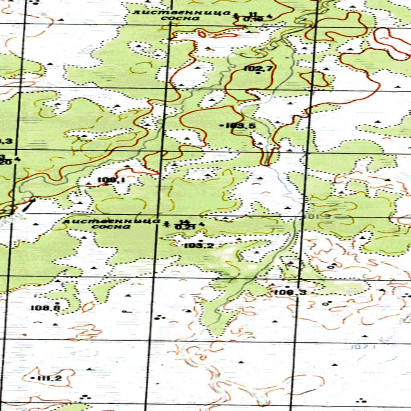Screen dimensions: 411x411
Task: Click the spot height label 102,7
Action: point(258,69)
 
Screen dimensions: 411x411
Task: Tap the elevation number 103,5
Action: point(240,126)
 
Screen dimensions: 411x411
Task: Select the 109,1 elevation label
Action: point(111,180)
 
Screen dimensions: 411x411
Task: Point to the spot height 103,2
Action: point(199,246)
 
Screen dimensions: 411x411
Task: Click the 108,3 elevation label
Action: point(290,293)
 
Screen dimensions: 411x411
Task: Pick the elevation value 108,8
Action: point(45,308)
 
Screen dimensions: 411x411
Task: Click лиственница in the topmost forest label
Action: point(181,12)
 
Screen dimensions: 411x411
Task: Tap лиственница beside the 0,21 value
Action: point(112,221)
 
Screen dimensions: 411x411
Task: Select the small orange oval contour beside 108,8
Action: point(87,307)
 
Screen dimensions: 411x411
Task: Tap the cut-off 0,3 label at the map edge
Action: point(6,141)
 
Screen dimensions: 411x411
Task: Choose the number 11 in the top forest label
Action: point(252,14)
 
